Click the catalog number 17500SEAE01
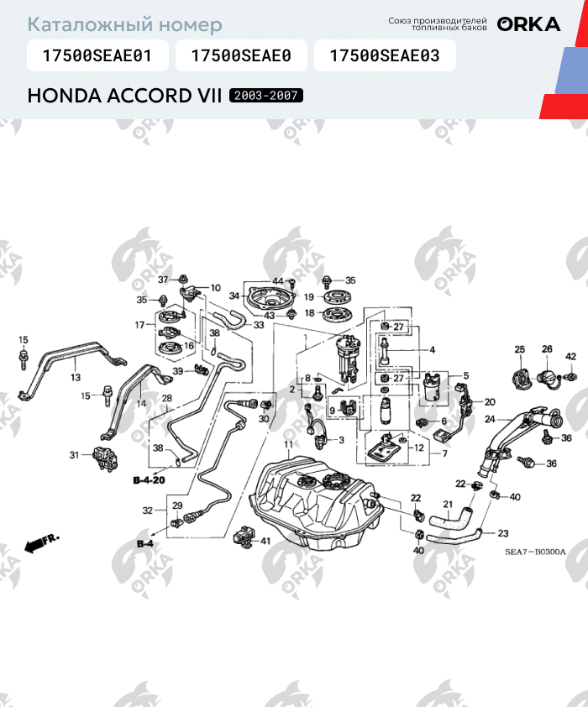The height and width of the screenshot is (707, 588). click(97, 56)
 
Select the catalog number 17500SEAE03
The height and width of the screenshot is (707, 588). click(385, 56)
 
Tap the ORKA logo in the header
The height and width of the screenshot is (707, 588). click(528, 24)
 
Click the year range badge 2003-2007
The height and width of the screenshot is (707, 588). click(266, 97)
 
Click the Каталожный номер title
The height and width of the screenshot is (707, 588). click(125, 25)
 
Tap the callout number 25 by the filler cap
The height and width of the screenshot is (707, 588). click(519, 349)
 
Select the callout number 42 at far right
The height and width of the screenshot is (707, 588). click(570, 357)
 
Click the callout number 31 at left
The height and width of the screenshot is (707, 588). click(74, 455)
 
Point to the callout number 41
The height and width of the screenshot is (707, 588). click(265, 541)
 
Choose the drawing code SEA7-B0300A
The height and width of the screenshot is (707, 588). click(535, 552)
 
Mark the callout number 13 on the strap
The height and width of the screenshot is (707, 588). click(76, 378)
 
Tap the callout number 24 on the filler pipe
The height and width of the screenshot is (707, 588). click(490, 417)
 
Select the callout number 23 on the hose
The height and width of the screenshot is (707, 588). click(503, 533)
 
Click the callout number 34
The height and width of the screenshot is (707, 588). click(234, 296)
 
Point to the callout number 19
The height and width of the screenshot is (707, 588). click(309, 296)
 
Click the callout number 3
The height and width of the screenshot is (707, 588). click(341, 439)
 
